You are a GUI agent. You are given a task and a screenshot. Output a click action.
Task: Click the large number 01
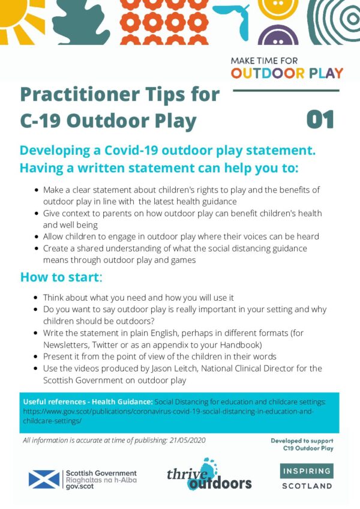point(320,119)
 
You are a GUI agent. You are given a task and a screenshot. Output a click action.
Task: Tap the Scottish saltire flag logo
point(44,479)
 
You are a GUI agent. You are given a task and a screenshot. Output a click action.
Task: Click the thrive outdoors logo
point(209,475)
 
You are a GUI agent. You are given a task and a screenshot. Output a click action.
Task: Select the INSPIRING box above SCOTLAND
point(307,471)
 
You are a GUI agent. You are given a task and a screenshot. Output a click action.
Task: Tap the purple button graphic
point(278,35)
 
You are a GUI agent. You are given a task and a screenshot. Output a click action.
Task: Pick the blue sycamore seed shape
point(235,19)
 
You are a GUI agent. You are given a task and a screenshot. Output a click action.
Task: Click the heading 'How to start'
point(61,277)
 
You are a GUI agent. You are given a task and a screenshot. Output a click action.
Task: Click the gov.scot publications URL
point(168,416)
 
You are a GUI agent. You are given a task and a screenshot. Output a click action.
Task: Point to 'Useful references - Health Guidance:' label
point(88,402)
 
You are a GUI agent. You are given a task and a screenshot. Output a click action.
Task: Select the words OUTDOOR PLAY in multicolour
point(287,73)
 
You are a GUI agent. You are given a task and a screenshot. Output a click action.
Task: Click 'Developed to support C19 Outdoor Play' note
point(302,444)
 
